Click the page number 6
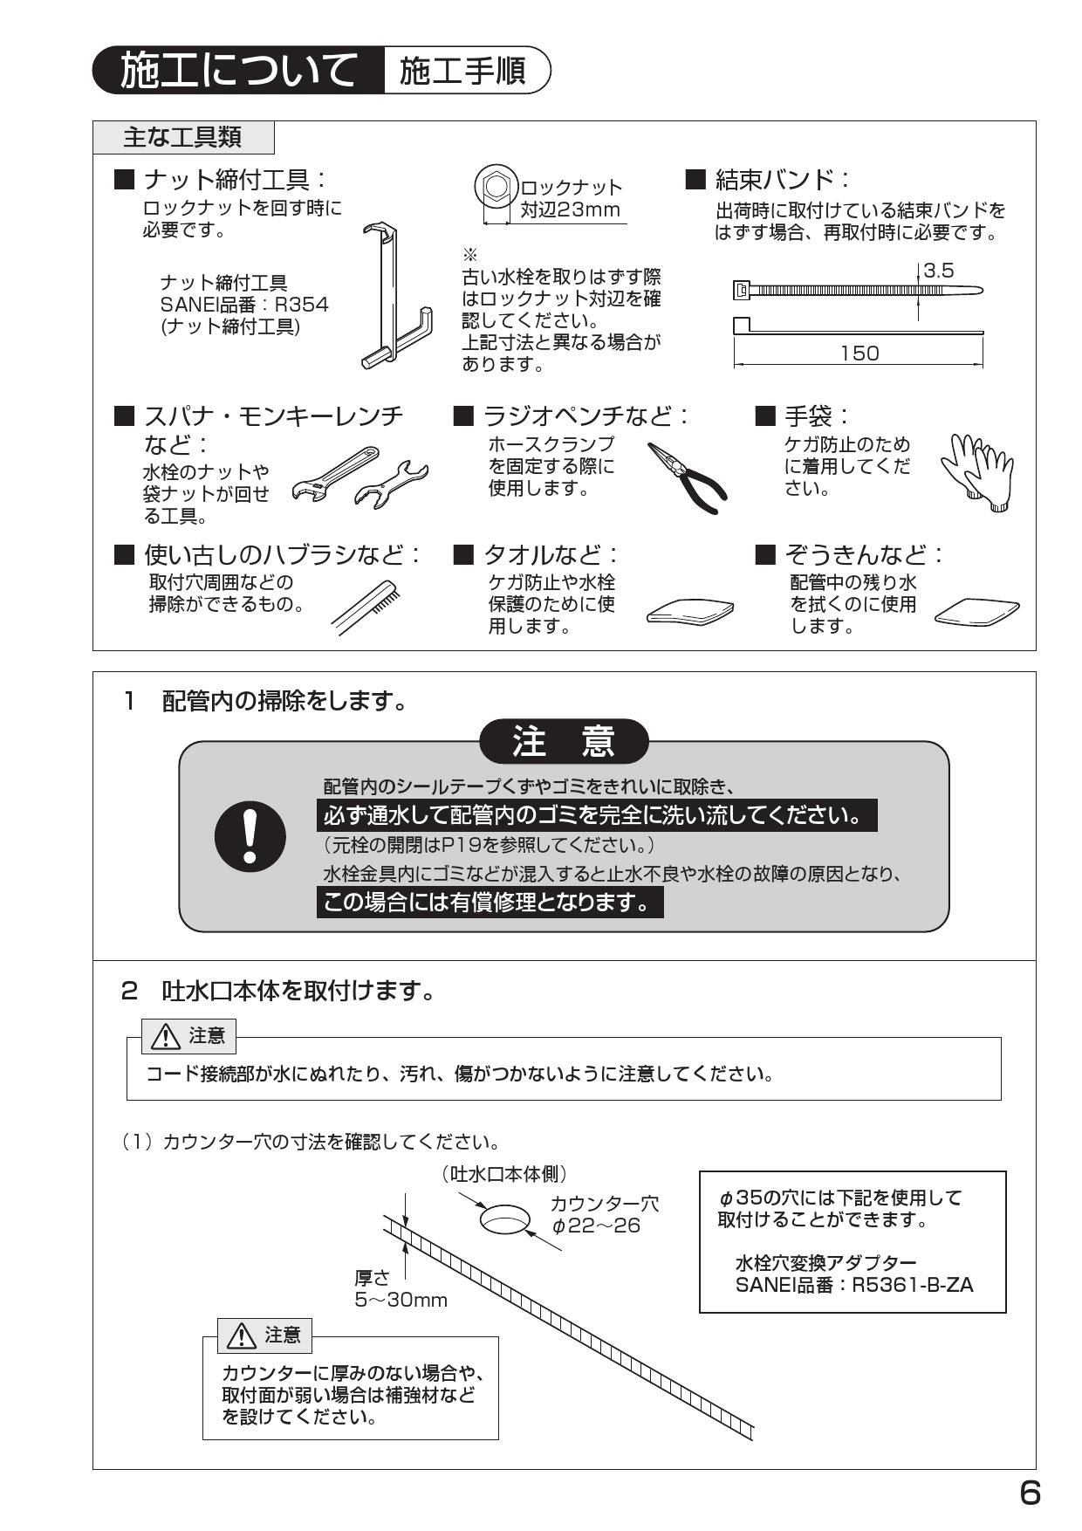tap(1030, 1494)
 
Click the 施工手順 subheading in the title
tap(463, 72)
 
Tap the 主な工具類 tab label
tap(182, 137)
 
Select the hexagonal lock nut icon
tap(496, 187)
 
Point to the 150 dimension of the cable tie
tap(859, 354)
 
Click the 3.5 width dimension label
tap(939, 271)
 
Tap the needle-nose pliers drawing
tap(688, 477)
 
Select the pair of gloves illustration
tap(976, 471)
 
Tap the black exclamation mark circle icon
tap(250, 835)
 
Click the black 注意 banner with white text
tap(565, 741)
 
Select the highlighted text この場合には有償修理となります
tap(490, 902)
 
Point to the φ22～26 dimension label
tap(597, 1226)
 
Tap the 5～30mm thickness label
tap(401, 1300)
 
